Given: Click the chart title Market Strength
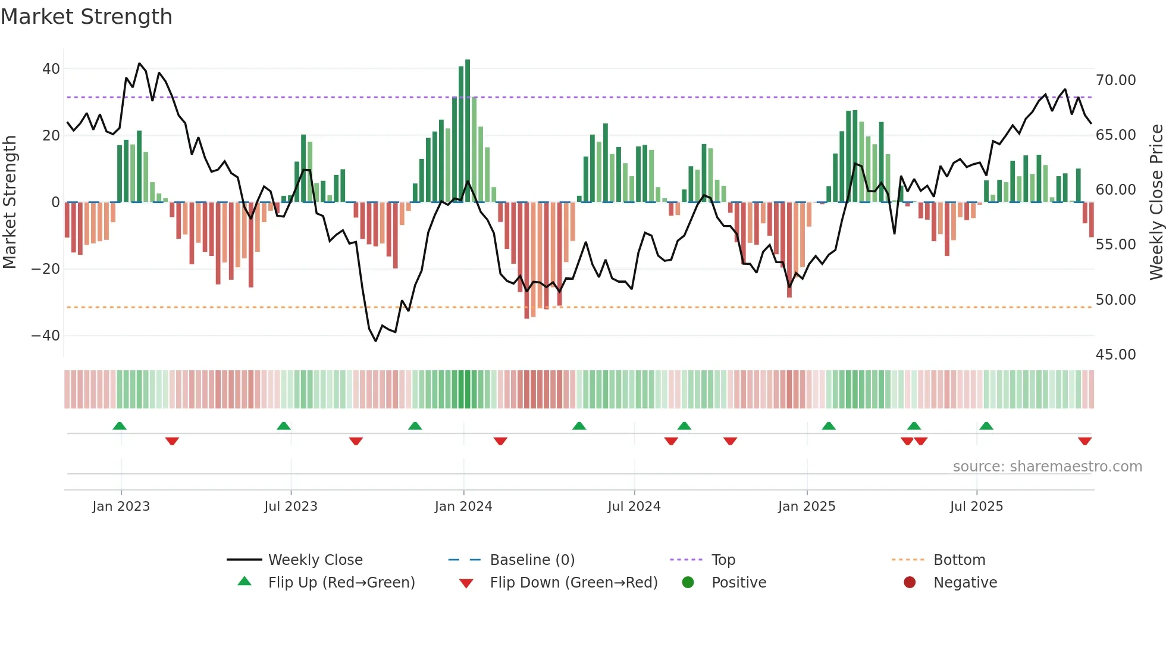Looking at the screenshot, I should point(86,17).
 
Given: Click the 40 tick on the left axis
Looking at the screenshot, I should point(51,69).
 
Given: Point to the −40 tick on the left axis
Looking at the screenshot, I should point(46,336).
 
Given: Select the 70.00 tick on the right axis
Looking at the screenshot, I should point(1115,80).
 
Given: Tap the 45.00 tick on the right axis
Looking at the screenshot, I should point(1115,355).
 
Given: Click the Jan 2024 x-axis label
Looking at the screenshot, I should point(463,507).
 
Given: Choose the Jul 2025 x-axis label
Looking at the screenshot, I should point(976,507).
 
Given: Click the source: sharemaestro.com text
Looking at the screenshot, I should point(1047,467).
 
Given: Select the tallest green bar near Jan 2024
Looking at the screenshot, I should point(468,131).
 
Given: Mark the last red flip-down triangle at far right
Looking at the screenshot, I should point(1084,441).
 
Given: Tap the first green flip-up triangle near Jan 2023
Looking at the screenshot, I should point(120,426).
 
